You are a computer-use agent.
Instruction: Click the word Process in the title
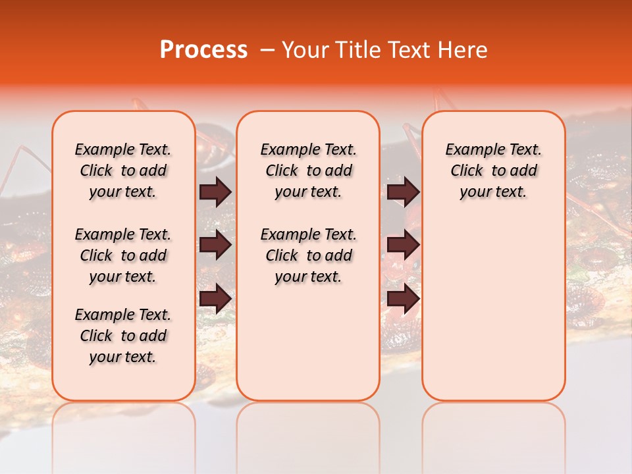point(203,50)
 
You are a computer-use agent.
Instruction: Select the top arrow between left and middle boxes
point(215,192)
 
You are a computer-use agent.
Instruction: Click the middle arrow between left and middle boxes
point(215,246)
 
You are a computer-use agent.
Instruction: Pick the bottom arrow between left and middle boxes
point(215,298)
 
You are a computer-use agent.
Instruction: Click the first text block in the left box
point(122,171)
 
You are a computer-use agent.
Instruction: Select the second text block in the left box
point(122,255)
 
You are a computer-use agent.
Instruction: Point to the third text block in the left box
point(122,336)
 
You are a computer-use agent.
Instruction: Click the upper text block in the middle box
point(308,171)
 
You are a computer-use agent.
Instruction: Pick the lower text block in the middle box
point(308,255)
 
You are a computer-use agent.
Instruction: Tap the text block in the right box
point(493,171)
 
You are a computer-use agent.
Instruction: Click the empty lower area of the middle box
point(308,342)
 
